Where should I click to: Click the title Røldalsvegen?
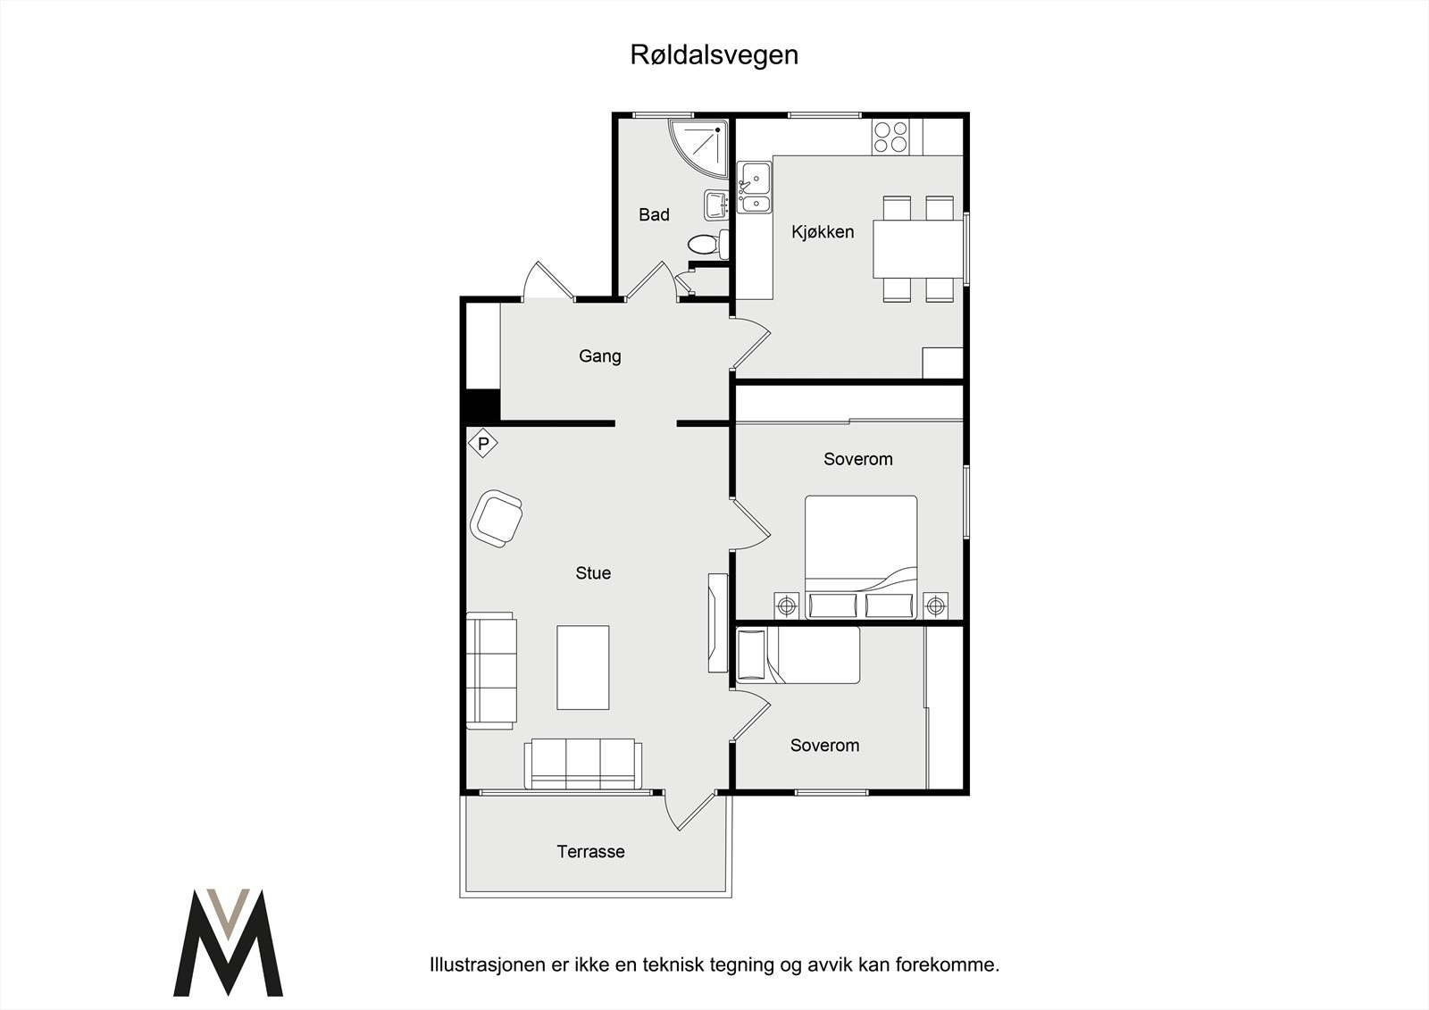point(714,54)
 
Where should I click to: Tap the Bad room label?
point(654,214)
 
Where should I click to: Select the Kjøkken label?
point(823,232)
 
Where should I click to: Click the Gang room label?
point(599,356)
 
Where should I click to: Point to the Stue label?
point(593,573)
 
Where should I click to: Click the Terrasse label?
point(590,852)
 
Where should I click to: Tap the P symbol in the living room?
point(483,443)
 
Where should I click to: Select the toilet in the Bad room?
point(706,244)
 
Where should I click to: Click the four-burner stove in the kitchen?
point(890,137)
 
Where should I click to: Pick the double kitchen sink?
point(755,188)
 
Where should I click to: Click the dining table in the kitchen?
point(919,249)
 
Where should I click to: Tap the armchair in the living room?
point(497,517)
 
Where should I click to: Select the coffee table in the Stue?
point(583,667)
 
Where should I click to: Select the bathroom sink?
point(716,205)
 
